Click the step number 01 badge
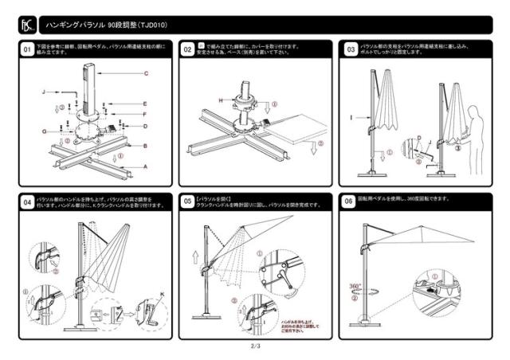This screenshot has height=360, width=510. click(x=26, y=49)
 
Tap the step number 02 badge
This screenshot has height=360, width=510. click(x=189, y=49)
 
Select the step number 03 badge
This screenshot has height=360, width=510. click(x=351, y=49)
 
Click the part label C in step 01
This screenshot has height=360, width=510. click(x=147, y=73)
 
